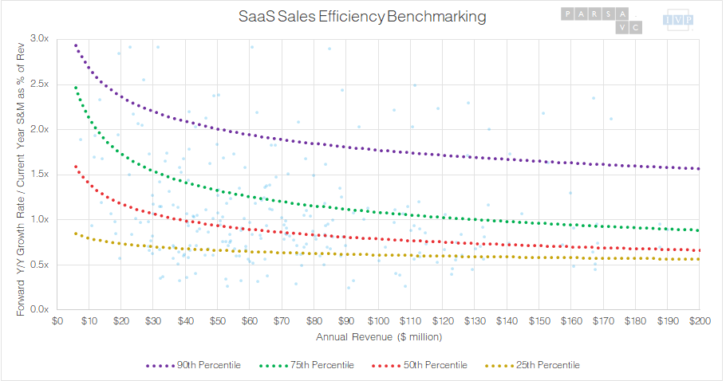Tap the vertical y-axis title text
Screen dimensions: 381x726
21,174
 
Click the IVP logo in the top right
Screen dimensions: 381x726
679,21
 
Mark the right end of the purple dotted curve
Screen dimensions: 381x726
699,169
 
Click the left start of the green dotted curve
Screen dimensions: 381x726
75,87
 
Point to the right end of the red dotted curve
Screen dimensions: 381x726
699,250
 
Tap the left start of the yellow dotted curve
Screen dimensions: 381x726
75,233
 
